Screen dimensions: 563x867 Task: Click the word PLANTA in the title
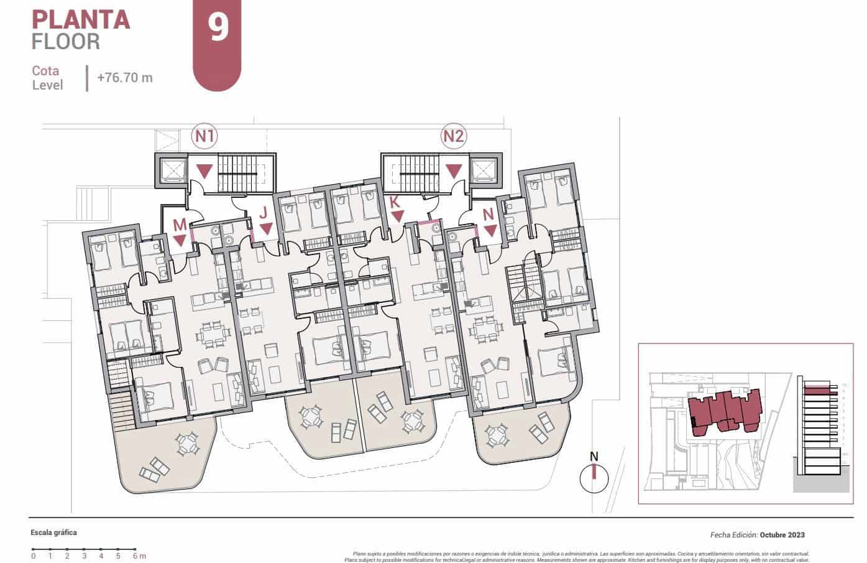click(80, 19)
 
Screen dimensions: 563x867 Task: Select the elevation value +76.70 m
click(125, 78)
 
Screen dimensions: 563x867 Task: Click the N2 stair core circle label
click(454, 136)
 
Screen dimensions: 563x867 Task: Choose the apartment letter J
click(264, 212)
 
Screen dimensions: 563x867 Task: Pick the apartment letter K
click(394, 202)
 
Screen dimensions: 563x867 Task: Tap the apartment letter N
click(489, 213)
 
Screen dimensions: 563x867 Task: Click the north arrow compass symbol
click(594, 478)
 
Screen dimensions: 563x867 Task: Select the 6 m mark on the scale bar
click(135, 556)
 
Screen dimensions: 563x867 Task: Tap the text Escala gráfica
click(54, 533)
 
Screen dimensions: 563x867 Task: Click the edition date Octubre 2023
click(782, 534)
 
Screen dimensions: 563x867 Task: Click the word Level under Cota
click(48, 86)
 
